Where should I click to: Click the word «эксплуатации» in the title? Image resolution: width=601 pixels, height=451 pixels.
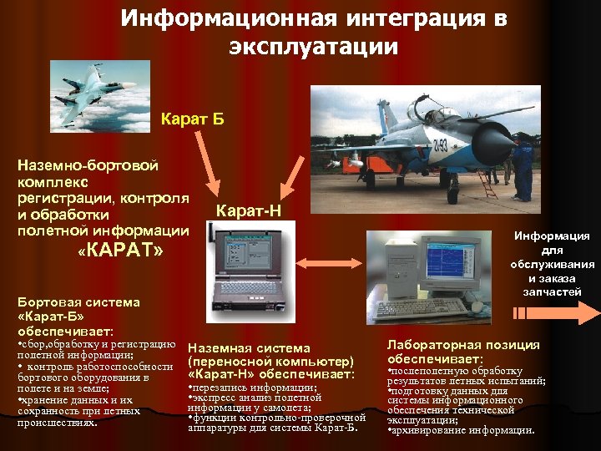(313, 48)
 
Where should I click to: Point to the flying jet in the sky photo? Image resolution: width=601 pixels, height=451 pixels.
(93, 84)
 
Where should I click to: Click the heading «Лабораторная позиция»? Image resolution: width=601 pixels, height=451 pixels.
(463, 345)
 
